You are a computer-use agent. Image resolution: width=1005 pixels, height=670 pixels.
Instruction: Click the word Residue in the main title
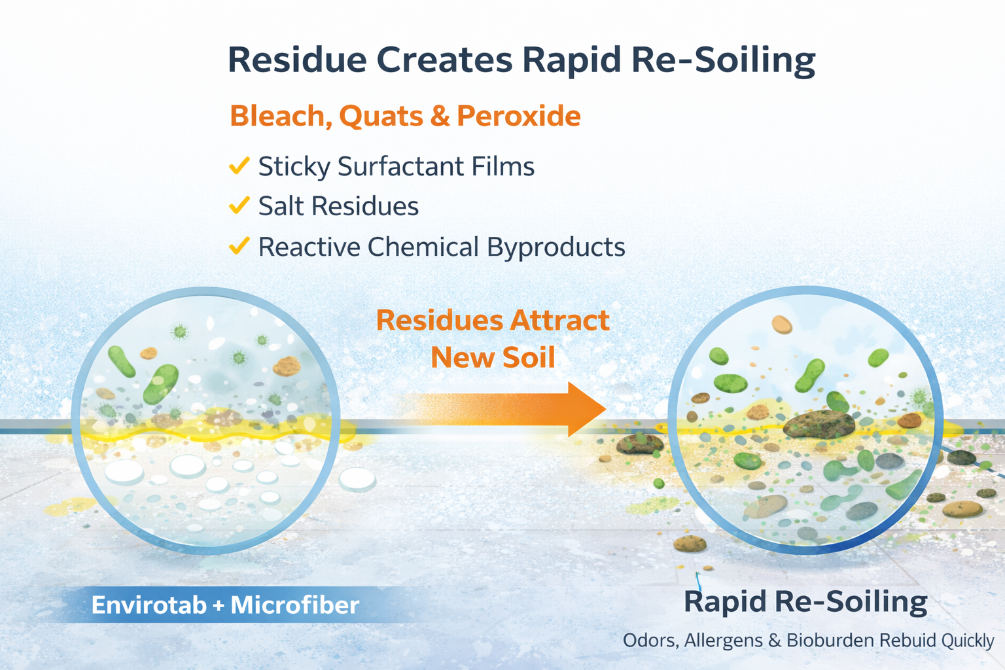296,60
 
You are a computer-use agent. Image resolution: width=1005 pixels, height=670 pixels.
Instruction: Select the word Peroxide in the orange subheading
518,116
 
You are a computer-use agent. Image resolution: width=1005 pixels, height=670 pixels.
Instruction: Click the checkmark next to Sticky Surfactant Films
239,166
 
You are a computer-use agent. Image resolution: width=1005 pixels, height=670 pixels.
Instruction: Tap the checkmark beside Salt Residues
239,205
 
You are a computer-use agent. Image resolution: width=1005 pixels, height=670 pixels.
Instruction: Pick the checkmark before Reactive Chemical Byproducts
239,246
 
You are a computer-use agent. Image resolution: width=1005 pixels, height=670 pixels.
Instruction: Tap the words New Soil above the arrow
493,358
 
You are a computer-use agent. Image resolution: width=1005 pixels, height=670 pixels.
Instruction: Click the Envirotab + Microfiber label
225,605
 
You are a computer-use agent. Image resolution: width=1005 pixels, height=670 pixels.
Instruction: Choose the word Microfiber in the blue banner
294,605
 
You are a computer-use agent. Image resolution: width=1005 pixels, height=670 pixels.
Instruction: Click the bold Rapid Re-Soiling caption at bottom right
805,602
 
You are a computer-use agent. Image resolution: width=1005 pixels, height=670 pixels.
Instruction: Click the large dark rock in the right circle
818,425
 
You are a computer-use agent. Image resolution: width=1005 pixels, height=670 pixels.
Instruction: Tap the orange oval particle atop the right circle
781,324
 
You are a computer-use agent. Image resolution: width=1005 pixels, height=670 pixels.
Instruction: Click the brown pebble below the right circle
690,543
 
